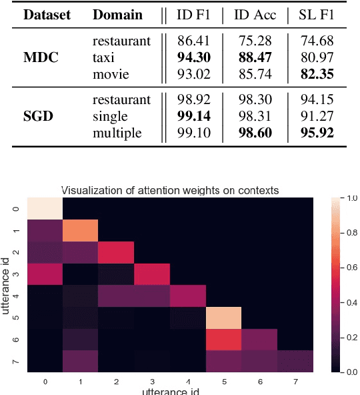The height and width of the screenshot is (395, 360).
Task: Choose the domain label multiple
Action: (117, 133)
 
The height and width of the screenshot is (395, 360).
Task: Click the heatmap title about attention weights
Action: (170, 191)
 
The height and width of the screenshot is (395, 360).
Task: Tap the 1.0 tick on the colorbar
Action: (345, 198)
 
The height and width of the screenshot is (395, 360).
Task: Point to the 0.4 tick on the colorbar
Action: (345, 303)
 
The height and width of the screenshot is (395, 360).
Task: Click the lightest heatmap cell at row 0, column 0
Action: (45, 208)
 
